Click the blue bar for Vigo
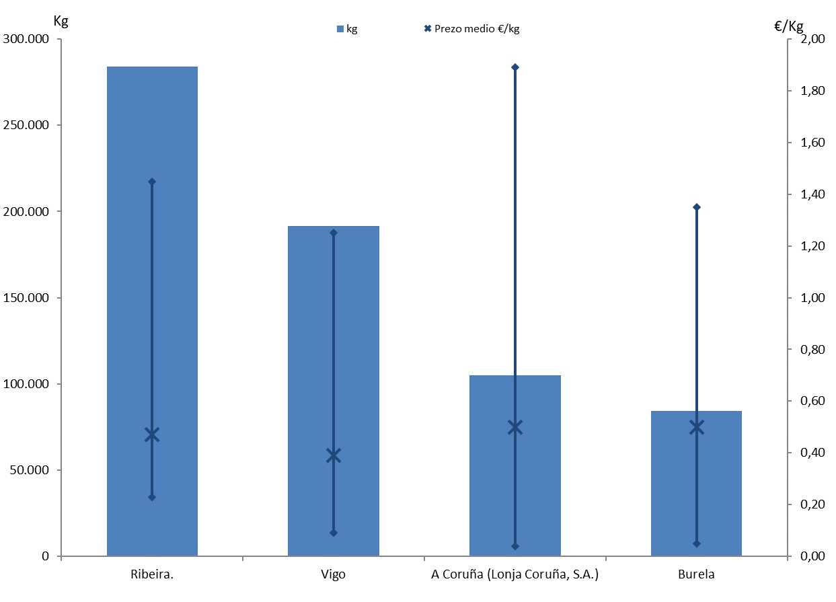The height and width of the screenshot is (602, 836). click(x=309, y=336)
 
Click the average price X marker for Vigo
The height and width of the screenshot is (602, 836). click(x=334, y=456)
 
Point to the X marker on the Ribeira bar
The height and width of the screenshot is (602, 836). click(x=152, y=435)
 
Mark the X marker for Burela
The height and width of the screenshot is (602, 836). click(x=697, y=427)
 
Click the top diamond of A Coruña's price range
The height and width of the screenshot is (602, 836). click(x=515, y=67)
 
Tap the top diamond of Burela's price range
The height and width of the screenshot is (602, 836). click(x=697, y=207)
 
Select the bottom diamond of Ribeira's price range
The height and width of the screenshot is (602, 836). click(x=152, y=497)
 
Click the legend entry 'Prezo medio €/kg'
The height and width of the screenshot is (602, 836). click(x=471, y=29)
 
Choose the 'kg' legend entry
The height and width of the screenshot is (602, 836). click(x=347, y=29)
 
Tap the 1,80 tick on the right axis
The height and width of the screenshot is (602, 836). click(x=814, y=91)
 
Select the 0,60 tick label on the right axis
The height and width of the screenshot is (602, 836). click(x=814, y=402)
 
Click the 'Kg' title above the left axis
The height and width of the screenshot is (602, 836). click(x=61, y=20)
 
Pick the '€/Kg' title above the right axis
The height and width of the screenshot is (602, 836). click(x=789, y=26)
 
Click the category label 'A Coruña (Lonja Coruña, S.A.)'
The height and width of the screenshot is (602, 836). click(x=515, y=575)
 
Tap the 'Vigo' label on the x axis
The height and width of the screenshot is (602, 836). click(x=334, y=575)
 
